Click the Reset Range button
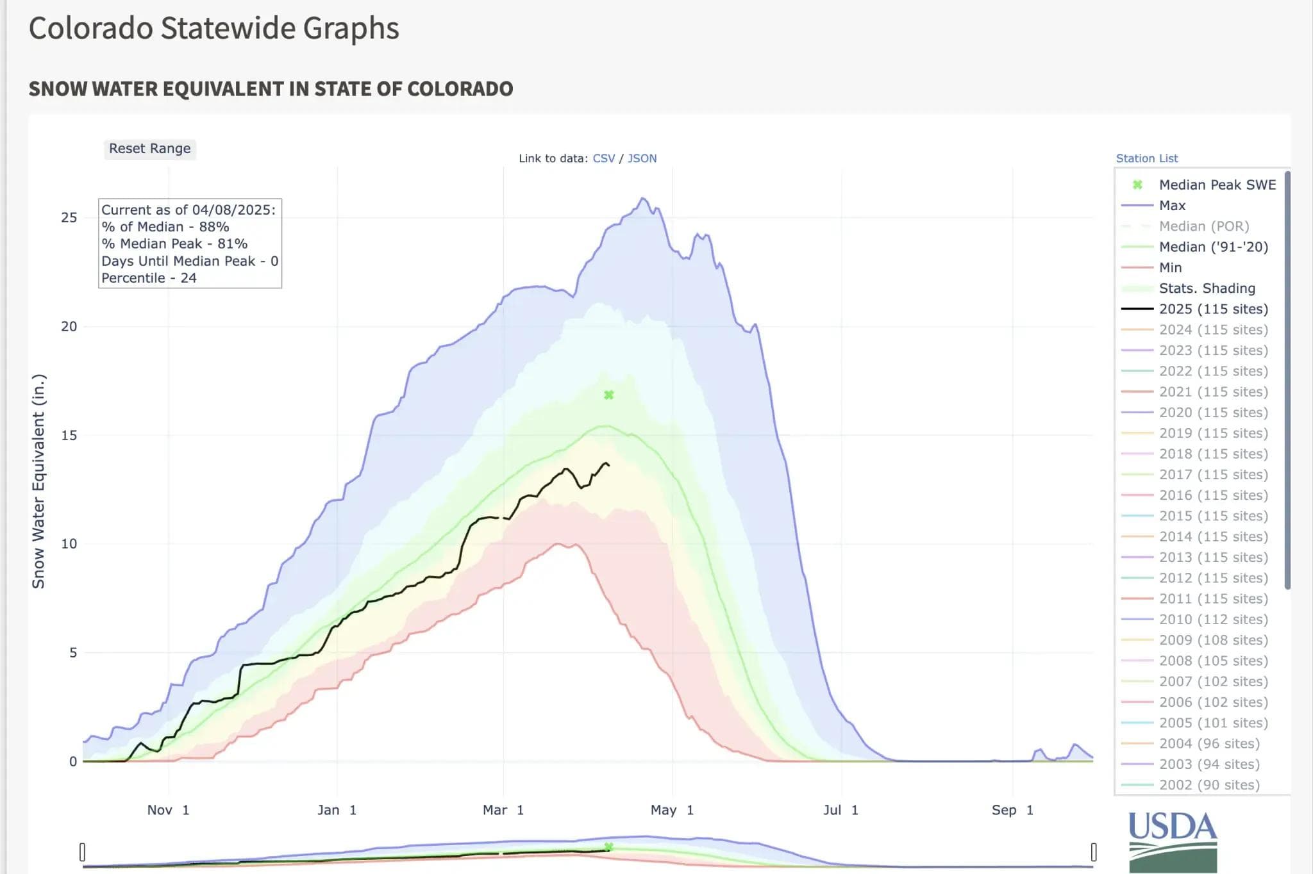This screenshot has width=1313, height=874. click(149, 149)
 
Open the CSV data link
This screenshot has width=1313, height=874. click(603, 158)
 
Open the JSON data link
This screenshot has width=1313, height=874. click(642, 158)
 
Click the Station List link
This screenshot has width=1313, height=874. click(1146, 158)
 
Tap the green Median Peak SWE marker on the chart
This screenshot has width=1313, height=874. click(608, 395)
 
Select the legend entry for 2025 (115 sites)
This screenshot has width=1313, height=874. click(1213, 309)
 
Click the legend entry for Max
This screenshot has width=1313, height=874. click(1172, 206)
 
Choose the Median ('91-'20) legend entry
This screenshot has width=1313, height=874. click(1213, 247)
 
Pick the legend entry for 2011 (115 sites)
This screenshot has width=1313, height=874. click(1213, 598)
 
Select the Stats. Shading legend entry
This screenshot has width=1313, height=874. click(1207, 288)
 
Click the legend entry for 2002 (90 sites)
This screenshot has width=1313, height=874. click(1209, 785)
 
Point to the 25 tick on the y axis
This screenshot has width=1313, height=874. click(69, 218)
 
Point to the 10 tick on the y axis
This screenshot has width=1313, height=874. click(69, 544)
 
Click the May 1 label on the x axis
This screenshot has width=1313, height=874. click(672, 810)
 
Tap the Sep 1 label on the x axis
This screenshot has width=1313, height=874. click(1012, 810)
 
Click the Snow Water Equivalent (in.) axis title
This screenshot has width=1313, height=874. click(38, 481)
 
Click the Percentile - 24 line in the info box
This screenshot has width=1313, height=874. click(149, 278)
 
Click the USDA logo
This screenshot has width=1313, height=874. click(1172, 840)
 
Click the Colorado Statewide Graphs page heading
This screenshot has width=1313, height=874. click(213, 28)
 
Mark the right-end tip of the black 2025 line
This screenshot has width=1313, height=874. click(608, 465)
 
